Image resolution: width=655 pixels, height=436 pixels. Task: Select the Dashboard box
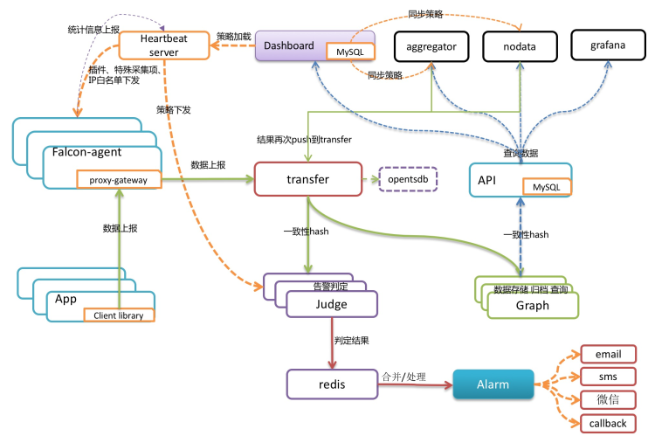click(x=288, y=45)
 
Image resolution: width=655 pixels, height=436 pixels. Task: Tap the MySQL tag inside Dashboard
click(x=348, y=53)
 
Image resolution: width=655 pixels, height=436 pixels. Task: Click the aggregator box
click(x=431, y=45)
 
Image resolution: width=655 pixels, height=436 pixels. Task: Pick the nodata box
click(x=520, y=45)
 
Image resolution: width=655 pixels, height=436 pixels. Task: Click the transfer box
click(x=307, y=179)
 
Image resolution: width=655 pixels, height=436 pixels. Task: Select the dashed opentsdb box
click(x=407, y=179)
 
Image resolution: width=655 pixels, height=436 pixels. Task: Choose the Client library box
click(x=119, y=315)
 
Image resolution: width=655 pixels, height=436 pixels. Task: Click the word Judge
click(x=331, y=304)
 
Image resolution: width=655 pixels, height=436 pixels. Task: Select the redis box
click(x=331, y=384)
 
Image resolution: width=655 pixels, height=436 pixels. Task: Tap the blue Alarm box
click(x=493, y=384)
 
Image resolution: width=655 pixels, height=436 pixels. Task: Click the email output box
click(x=609, y=354)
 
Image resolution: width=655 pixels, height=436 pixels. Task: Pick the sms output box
click(x=609, y=377)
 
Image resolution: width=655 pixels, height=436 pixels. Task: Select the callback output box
click(x=609, y=423)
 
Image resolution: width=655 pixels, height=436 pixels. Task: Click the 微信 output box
click(x=609, y=399)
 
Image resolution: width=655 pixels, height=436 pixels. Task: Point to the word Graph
click(x=532, y=305)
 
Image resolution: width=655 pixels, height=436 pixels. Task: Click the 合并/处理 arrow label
click(x=403, y=376)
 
